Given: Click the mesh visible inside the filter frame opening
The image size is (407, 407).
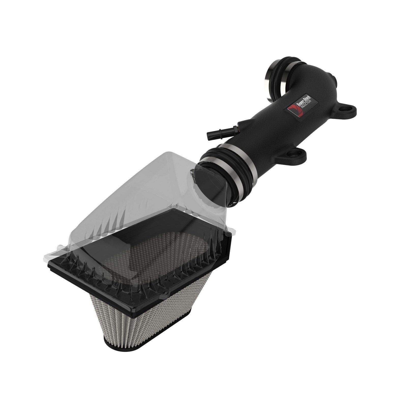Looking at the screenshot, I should (153, 244).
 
